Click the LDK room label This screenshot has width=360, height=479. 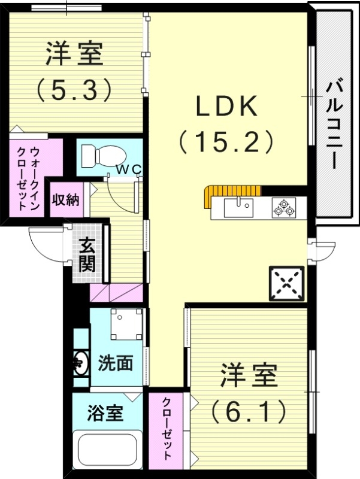[227, 107]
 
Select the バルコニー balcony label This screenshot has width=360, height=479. [334, 126]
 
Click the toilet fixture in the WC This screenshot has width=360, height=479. [99, 155]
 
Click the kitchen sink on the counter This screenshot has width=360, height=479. [239, 208]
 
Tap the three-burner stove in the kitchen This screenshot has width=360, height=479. [284, 208]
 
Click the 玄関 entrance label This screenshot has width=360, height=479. [87, 254]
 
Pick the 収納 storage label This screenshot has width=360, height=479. [65, 199]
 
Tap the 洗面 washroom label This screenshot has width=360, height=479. [116, 363]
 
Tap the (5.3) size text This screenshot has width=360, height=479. [74, 89]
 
